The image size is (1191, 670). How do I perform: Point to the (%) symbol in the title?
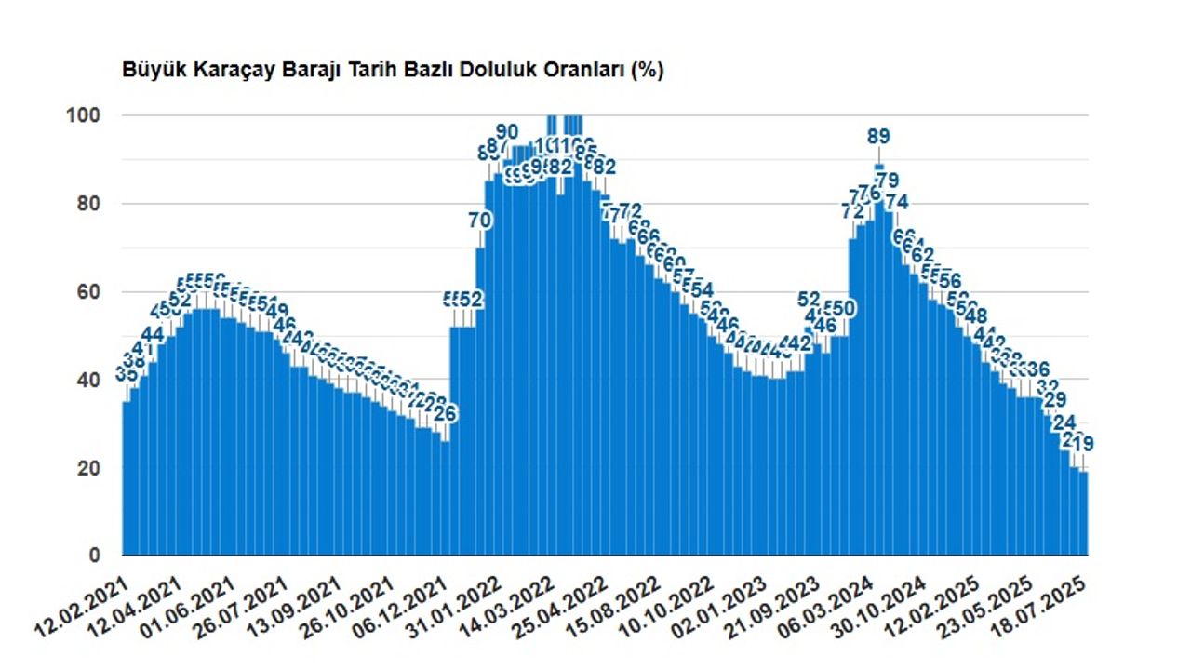click(648, 71)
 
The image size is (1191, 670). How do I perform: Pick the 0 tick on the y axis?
click(94, 556)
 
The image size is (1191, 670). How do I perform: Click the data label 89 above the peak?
click(878, 137)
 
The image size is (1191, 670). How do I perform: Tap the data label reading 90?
click(507, 131)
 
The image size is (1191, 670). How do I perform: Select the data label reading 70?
click(480, 221)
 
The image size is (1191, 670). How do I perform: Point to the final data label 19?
click(1082, 444)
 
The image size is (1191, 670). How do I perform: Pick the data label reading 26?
click(446, 412)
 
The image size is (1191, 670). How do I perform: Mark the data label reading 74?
click(897, 202)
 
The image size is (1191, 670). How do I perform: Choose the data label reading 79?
click(888, 180)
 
